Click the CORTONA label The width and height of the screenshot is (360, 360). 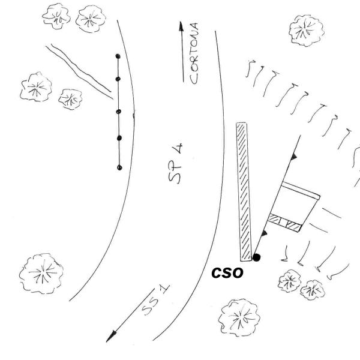[194, 53]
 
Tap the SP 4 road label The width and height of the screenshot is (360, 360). [175, 163]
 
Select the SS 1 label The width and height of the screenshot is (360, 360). [155, 301]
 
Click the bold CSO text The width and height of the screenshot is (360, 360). [227, 273]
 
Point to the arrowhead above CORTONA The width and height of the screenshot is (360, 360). [181, 26]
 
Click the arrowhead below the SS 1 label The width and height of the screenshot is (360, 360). [111, 337]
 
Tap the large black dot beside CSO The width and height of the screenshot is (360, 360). [256, 257]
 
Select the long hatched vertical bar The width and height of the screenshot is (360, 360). [244, 192]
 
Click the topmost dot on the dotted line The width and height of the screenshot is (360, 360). [118, 56]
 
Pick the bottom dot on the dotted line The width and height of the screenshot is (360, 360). [119, 167]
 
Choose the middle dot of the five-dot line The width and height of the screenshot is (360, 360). [118, 112]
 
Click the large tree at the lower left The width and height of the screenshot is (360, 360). [41, 273]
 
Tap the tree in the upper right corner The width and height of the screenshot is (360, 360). [307, 31]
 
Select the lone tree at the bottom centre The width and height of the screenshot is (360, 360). [239, 317]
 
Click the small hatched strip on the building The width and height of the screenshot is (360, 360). [284, 223]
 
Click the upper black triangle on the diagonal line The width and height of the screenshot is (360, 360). [293, 157]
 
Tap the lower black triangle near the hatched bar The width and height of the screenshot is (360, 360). [264, 233]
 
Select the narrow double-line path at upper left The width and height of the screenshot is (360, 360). [79, 71]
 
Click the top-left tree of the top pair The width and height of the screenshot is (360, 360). [56, 16]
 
